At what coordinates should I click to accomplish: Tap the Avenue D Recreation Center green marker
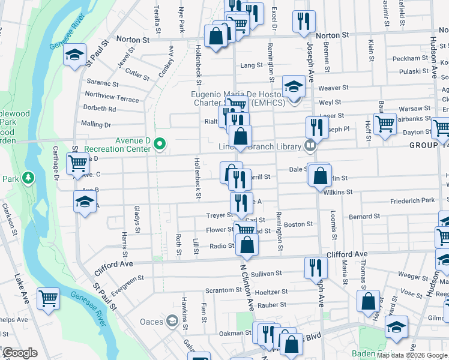160,143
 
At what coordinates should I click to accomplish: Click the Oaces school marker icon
172,322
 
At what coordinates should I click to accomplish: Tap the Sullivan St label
266,274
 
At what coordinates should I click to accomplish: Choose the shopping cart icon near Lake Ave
48,297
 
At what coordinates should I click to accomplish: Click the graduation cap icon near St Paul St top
74,55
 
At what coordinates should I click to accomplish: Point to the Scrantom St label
223,290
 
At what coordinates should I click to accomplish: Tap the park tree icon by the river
28,178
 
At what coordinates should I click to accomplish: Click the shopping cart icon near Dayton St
385,123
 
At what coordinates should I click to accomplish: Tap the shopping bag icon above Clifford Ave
247,244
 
